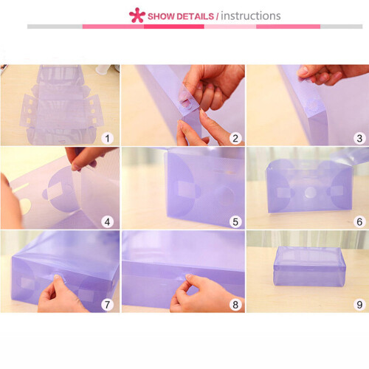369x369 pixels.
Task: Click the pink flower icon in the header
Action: pyautogui.click(x=137, y=15)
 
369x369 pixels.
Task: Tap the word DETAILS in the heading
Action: pyautogui.click(x=195, y=16)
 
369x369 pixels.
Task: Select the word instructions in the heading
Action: pyautogui.click(x=251, y=16)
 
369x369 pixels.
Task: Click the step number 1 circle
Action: pyautogui.click(x=108, y=138)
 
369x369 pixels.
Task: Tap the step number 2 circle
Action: pyautogui.click(x=235, y=138)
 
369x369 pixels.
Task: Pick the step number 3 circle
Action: pyautogui.click(x=359, y=138)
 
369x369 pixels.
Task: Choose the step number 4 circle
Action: pyautogui.click(x=108, y=222)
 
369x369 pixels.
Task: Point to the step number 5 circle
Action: pyautogui.click(x=235, y=222)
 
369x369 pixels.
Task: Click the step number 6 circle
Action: pyautogui.click(x=359, y=222)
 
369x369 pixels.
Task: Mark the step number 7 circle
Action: pyautogui.click(x=108, y=305)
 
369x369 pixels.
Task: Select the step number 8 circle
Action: pyautogui.click(x=235, y=305)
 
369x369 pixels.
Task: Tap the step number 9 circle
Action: pyautogui.click(x=359, y=305)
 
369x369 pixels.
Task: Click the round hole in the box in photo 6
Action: pyautogui.click(x=310, y=193)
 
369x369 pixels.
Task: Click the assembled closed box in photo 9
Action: pyautogui.click(x=309, y=266)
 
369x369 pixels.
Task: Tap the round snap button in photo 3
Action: pyautogui.click(x=313, y=106)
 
